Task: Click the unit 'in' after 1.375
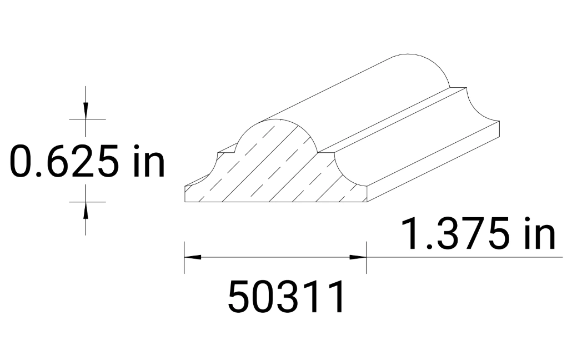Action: click(539, 234)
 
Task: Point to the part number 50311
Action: click(287, 297)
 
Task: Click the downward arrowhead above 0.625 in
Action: click(86, 111)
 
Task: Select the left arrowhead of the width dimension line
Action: click(192, 257)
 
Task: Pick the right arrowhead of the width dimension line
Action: click(358, 257)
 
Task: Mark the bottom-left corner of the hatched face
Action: click(184, 202)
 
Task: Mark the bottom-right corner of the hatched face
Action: click(366, 202)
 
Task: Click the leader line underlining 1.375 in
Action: click(461, 257)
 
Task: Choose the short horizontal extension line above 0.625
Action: click(87, 119)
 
